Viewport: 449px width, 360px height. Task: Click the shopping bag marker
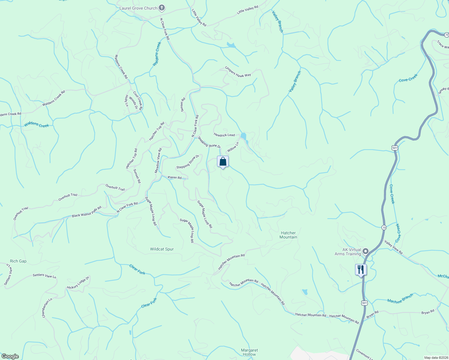(223, 162)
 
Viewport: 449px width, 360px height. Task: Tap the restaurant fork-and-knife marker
(361, 269)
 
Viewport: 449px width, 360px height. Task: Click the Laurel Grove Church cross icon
(161, 8)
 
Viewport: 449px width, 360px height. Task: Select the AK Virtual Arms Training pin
(366, 251)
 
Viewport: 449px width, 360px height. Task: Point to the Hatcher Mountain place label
(288, 235)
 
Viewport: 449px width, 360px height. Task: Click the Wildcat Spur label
(162, 249)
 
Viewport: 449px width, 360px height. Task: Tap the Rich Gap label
(18, 261)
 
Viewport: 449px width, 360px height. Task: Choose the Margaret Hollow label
(249, 352)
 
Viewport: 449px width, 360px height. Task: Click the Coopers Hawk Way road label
(238, 72)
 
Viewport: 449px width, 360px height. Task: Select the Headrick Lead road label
(224, 135)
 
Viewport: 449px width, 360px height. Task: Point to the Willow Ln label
(233, 147)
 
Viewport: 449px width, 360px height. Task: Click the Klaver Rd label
(174, 178)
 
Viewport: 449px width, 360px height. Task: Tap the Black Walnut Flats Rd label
(87, 212)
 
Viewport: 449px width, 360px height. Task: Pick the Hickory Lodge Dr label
(78, 283)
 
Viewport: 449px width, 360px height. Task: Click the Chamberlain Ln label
(47, 308)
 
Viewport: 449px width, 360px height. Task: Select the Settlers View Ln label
(44, 276)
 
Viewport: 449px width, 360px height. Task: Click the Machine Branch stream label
(400, 298)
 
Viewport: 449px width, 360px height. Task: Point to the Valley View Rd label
(393, 248)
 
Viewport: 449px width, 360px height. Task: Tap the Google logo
(10, 356)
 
